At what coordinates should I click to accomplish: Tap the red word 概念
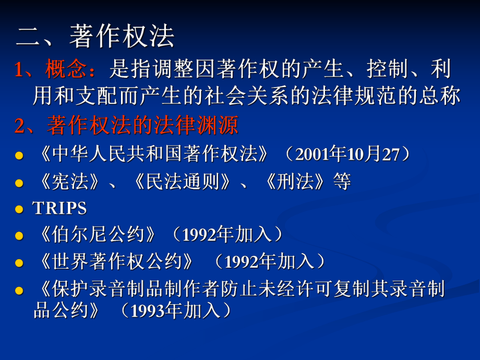[64, 69]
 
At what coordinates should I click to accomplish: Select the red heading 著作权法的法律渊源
[142, 126]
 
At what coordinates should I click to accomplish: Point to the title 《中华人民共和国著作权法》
[155, 154]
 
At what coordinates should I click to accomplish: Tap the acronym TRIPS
[59, 208]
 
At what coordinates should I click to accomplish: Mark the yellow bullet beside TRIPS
[19, 209]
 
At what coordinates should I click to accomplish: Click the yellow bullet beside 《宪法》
[19, 183]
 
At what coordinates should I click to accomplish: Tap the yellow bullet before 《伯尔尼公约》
[19, 236]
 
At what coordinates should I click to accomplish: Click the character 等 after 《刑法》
[342, 182]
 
